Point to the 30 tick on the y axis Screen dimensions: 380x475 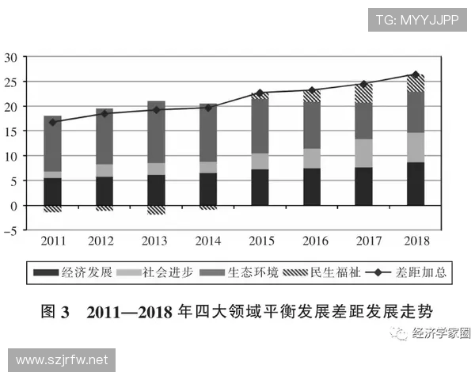[11, 57]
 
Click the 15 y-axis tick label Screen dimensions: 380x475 [11, 131]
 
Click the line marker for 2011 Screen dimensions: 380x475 [52, 122]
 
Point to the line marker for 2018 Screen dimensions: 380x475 [415, 75]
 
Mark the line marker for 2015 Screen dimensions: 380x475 [260, 93]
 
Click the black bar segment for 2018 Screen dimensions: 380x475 [415, 184]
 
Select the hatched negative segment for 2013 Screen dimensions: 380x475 [156, 210]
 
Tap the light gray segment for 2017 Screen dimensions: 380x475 [363, 153]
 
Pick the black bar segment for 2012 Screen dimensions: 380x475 [104, 191]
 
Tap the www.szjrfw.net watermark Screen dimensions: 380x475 [62, 360]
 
